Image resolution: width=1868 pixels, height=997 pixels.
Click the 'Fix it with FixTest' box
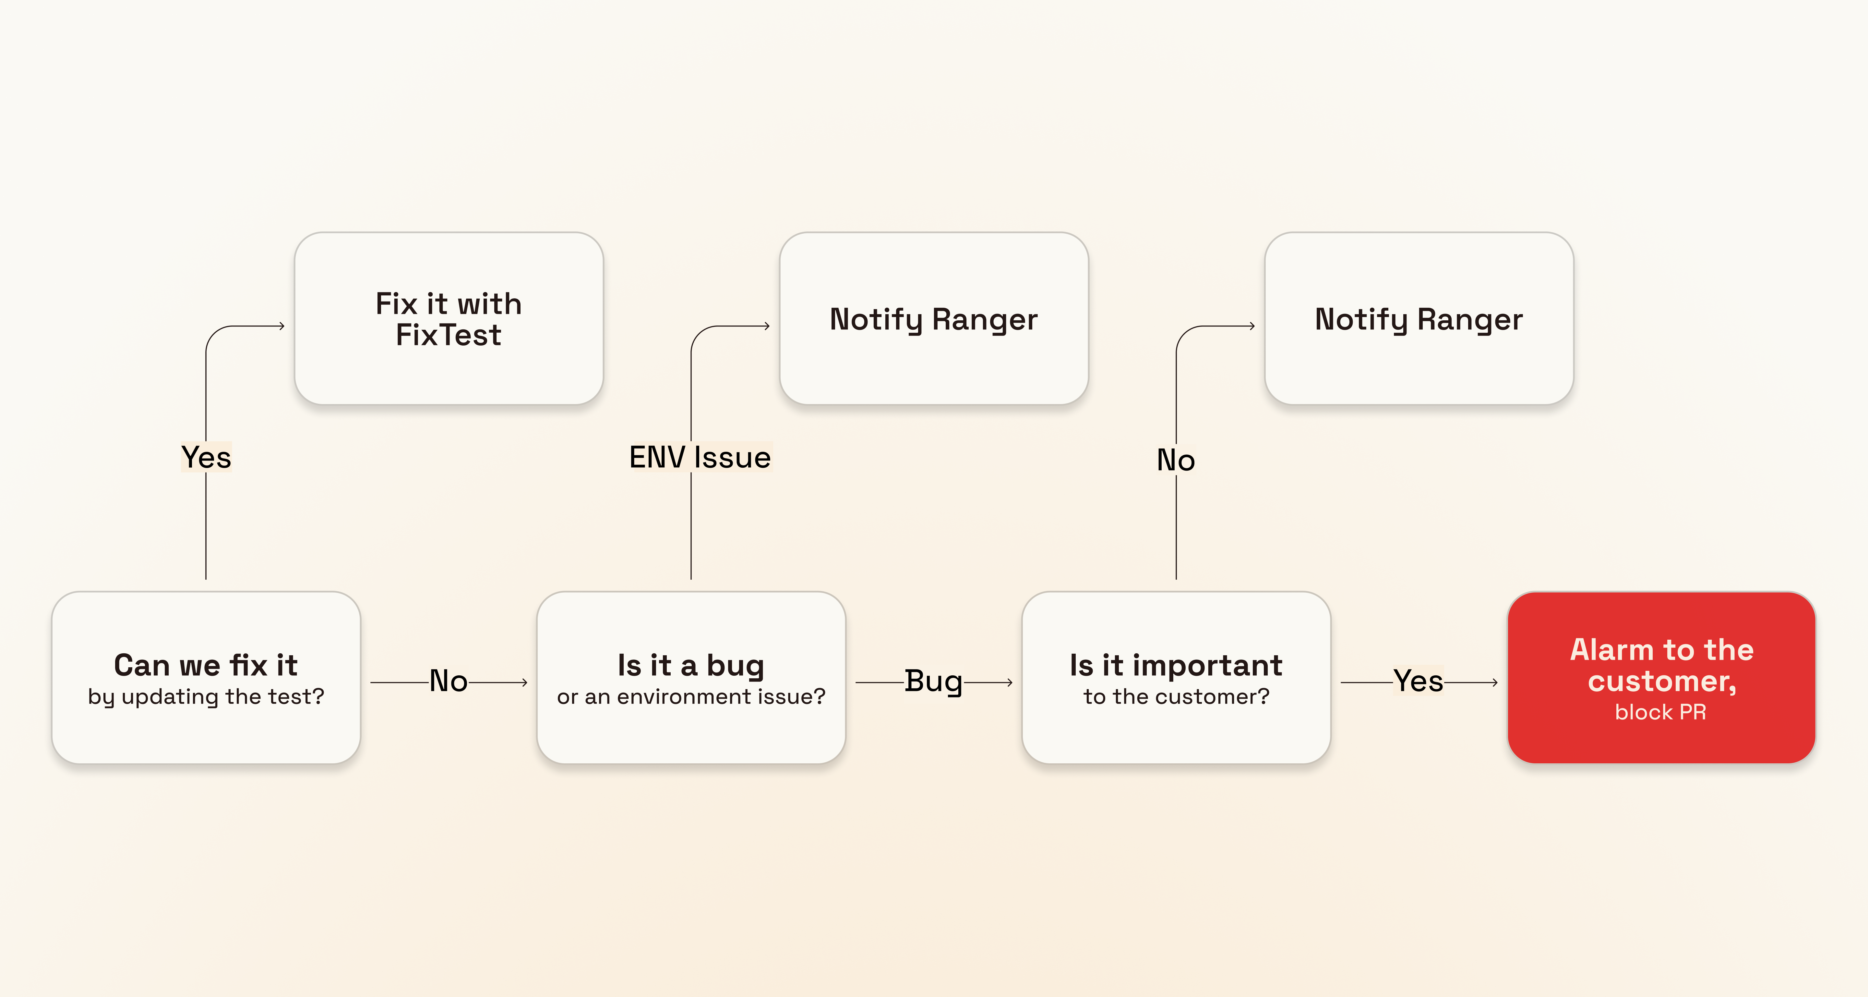pos(448,319)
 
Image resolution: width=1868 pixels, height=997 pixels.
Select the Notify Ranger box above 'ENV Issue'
pos(933,319)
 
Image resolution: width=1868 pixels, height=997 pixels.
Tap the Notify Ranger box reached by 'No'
pos(1419,319)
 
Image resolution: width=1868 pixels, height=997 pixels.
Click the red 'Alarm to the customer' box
pos(1660,677)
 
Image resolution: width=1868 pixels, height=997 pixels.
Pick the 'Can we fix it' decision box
pos(206,677)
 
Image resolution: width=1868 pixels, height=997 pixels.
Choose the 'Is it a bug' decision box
pos(690,677)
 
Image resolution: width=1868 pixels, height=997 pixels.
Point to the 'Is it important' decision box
pos(1176,677)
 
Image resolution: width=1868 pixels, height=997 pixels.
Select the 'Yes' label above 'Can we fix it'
pos(206,457)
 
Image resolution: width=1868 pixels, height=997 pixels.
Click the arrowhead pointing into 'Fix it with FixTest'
pos(281,326)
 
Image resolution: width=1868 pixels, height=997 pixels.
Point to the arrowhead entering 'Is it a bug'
pos(524,682)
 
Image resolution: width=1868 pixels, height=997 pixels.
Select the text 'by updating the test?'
pos(206,696)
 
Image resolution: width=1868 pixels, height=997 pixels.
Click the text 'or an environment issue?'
pos(690,696)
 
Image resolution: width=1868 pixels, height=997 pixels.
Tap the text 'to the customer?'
pos(1176,696)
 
